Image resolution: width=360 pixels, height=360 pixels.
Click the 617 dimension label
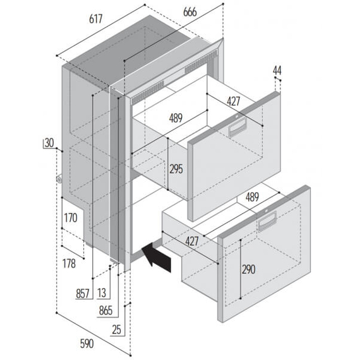click(x=95, y=19)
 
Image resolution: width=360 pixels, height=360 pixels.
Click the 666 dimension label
click(x=190, y=12)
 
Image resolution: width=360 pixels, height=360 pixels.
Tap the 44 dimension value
click(x=277, y=71)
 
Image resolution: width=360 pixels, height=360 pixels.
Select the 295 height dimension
click(x=176, y=169)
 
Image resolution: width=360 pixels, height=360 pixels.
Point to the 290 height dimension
click(x=248, y=269)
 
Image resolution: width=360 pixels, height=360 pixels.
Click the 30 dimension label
click(x=49, y=143)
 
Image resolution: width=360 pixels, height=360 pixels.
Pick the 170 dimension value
click(x=71, y=218)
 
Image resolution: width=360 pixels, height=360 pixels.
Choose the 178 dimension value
click(x=69, y=263)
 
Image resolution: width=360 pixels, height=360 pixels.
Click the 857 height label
click(x=83, y=294)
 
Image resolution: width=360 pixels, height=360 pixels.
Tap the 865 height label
click(x=105, y=311)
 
